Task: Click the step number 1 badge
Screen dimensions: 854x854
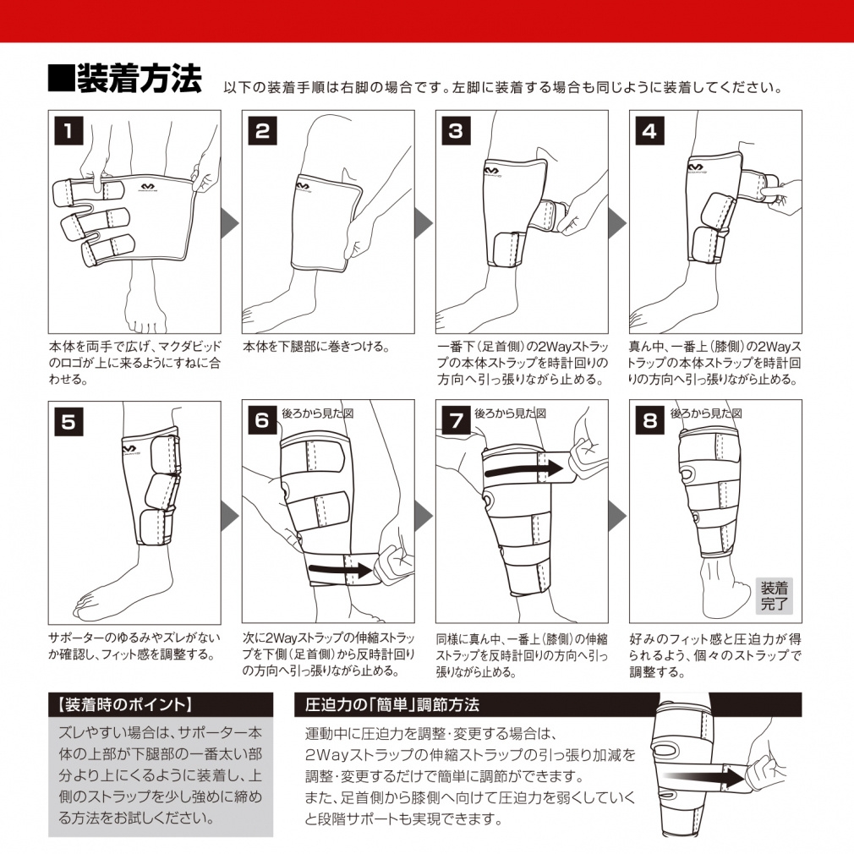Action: click(x=68, y=131)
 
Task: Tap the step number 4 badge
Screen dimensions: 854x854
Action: click(x=649, y=131)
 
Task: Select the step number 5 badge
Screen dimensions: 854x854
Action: click(x=68, y=422)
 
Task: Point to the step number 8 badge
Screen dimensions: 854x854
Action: click(x=649, y=420)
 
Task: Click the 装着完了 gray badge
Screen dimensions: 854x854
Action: click(x=774, y=596)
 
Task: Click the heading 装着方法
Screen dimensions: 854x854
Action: click(x=140, y=79)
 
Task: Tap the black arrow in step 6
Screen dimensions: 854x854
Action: click(x=340, y=570)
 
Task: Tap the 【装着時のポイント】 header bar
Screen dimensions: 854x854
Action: click(x=161, y=705)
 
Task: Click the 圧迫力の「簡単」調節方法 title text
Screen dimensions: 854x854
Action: click(x=392, y=705)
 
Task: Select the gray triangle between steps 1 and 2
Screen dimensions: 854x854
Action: click(x=231, y=222)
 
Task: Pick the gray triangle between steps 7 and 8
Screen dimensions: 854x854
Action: click(x=618, y=515)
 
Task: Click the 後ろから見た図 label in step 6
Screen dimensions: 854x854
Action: click(x=318, y=413)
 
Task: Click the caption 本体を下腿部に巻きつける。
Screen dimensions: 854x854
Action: click(x=316, y=347)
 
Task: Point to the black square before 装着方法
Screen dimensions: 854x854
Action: click(x=61, y=78)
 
